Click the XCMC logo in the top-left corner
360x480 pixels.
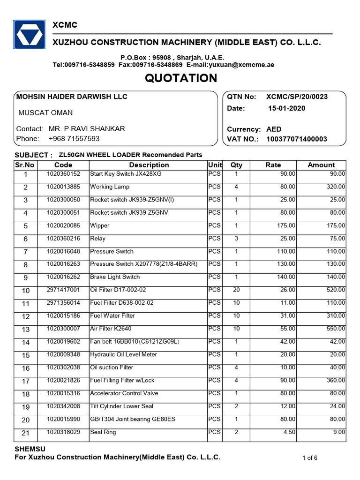point(29,34)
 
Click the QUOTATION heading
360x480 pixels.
point(181,78)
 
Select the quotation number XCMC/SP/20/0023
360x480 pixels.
point(297,97)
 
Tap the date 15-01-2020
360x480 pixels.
point(286,108)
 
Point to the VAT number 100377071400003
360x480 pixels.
point(297,139)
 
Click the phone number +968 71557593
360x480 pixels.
point(74,139)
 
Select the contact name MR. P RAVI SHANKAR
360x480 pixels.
point(87,129)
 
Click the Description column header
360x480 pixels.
point(149,165)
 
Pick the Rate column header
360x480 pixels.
point(273,165)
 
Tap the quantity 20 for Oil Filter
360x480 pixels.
point(236,290)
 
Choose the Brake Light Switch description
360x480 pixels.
point(115,277)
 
